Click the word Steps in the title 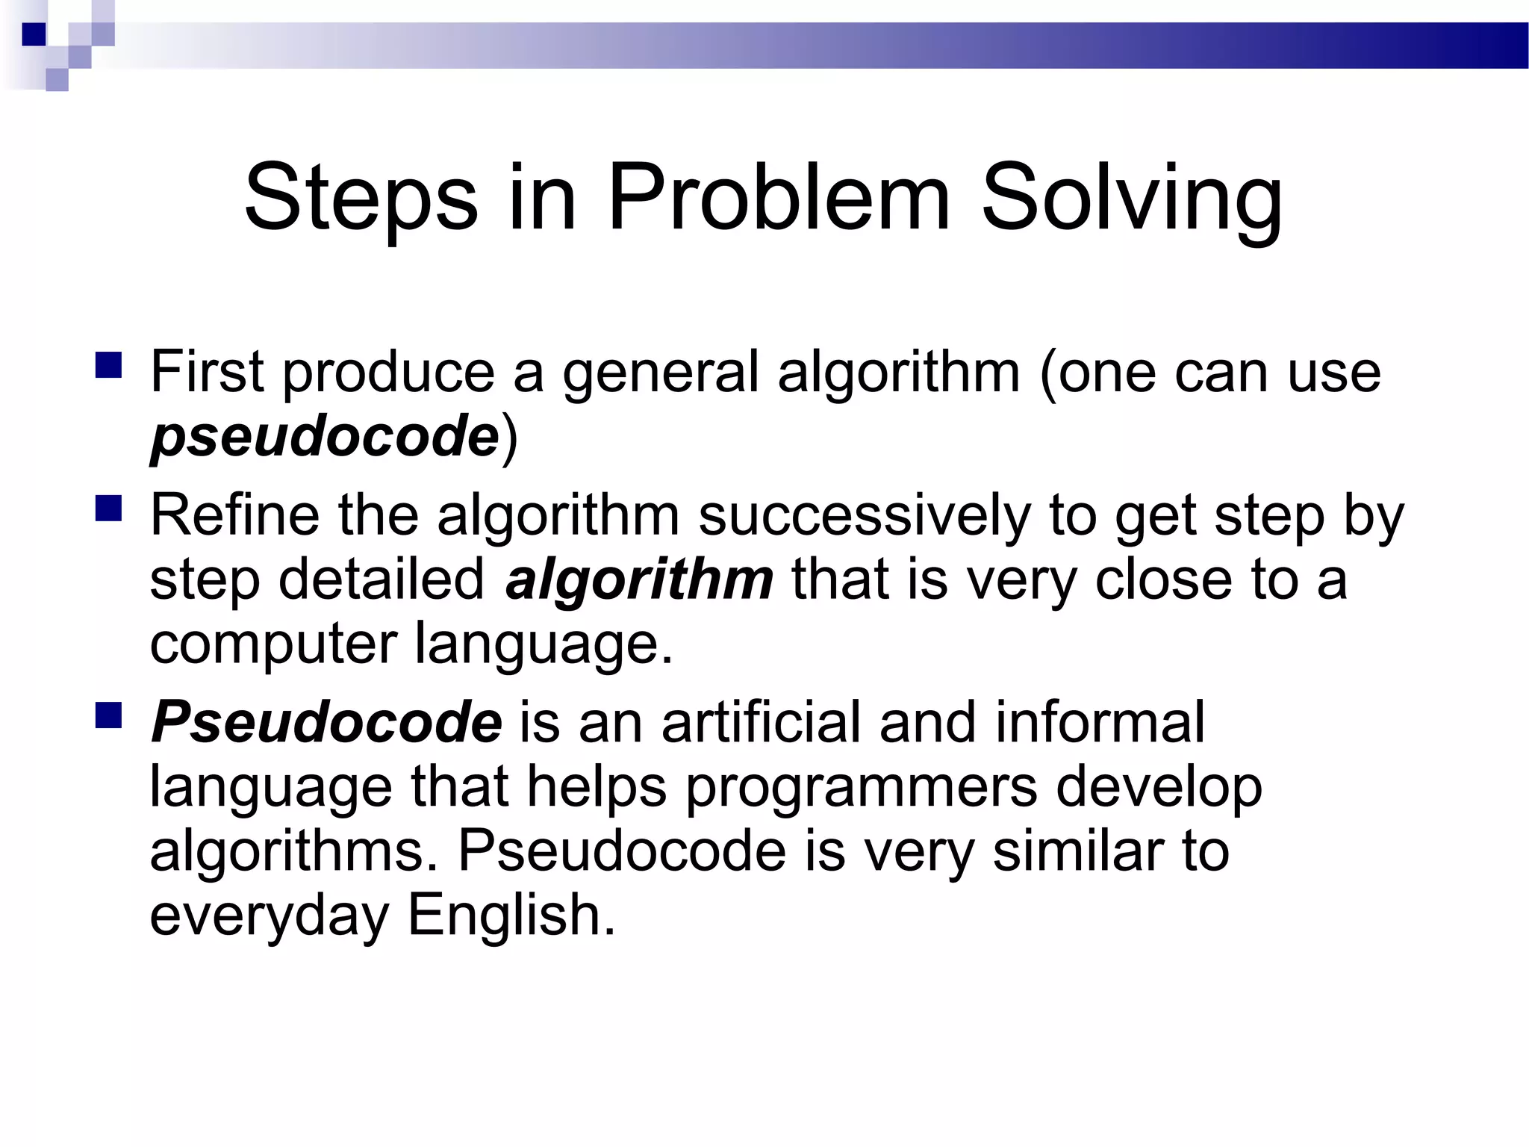(x=361, y=198)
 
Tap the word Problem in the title (x=779, y=198)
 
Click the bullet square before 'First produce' (x=109, y=366)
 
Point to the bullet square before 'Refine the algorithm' (x=109, y=509)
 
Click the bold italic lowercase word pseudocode (x=325, y=436)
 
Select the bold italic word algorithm (x=639, y=579)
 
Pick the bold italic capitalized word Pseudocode (x=326, y=722)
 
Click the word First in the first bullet (x=207, y=371)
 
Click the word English (x=511, y=916)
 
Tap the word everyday (x=270, y=916)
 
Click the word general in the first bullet (x=660, y=371)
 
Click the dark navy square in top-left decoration (x=34, y=34)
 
